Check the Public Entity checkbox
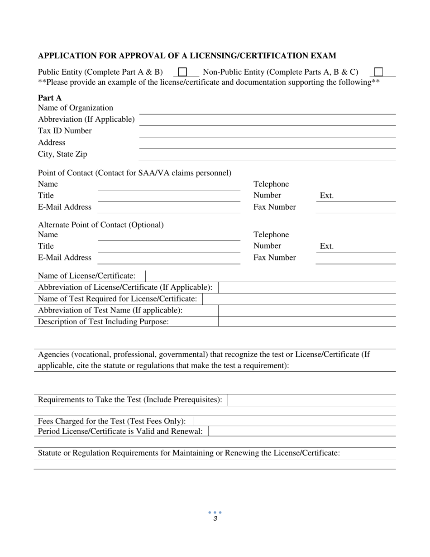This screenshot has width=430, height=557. [182, 72]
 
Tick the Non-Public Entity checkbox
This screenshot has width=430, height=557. [379, 72]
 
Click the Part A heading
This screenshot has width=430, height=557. [50, 98]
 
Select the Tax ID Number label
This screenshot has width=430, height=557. [65, 131]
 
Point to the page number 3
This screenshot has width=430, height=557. [215, 519]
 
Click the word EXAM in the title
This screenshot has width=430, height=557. [323, 56]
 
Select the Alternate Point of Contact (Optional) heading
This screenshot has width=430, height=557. [101, 225]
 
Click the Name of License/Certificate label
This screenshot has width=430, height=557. [86, 276]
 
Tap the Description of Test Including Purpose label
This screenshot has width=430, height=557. [103, 322]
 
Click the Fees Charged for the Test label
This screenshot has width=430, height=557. [112, 421]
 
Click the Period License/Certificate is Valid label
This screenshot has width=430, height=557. [120, 431]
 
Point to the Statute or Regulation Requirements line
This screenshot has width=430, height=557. [189, 453]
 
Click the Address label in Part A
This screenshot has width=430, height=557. [52, 143]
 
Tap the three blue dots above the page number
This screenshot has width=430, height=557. [215, 513]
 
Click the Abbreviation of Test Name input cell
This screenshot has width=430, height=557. [307, 310]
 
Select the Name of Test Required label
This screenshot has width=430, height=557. [117, 299]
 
